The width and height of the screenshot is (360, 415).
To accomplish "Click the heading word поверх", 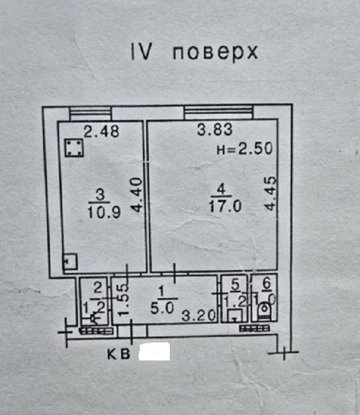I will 215,53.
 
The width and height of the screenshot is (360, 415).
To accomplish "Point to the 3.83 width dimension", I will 214,130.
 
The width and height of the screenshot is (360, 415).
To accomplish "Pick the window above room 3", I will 90,112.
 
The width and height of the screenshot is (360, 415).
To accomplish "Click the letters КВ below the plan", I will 118,354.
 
